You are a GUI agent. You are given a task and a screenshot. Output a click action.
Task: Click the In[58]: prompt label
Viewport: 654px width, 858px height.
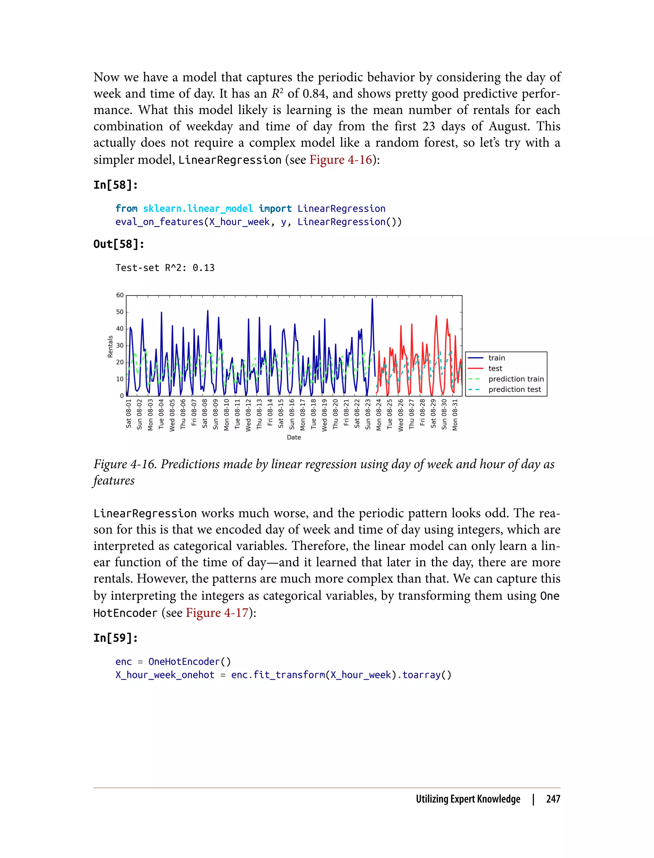116,185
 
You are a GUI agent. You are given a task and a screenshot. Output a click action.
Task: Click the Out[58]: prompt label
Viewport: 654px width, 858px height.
119,244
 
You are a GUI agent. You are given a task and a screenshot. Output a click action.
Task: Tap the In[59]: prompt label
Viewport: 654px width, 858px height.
116,638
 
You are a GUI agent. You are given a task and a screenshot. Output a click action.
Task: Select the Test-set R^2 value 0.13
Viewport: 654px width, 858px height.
204,268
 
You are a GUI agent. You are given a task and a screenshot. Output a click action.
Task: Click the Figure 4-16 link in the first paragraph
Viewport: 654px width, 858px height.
341,160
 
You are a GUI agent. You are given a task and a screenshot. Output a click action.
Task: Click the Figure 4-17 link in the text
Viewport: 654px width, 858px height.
217,613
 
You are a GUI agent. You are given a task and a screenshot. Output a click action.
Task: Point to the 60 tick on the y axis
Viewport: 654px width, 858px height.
120,295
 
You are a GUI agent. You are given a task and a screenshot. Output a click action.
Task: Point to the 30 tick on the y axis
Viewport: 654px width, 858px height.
120,346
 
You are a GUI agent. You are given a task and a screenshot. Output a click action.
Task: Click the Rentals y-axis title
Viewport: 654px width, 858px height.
110,346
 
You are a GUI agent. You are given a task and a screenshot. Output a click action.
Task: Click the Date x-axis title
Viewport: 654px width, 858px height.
294,437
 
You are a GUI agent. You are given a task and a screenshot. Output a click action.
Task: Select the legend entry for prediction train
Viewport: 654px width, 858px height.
516,379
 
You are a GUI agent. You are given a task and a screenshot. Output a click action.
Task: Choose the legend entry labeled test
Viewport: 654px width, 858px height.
495,368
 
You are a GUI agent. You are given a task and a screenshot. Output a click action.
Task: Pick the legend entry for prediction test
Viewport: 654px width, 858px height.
515,389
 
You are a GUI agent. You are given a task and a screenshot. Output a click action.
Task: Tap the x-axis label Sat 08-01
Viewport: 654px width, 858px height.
129,413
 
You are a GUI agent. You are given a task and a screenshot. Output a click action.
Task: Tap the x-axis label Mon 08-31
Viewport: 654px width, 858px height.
455,414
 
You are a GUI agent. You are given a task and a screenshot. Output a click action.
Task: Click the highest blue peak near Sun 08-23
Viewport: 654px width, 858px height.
372,299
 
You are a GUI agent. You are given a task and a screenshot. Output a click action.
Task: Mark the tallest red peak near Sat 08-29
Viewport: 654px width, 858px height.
436,316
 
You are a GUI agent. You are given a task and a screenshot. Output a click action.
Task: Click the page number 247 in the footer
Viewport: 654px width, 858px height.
553,799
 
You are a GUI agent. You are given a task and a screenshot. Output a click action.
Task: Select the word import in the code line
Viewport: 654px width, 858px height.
275,208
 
